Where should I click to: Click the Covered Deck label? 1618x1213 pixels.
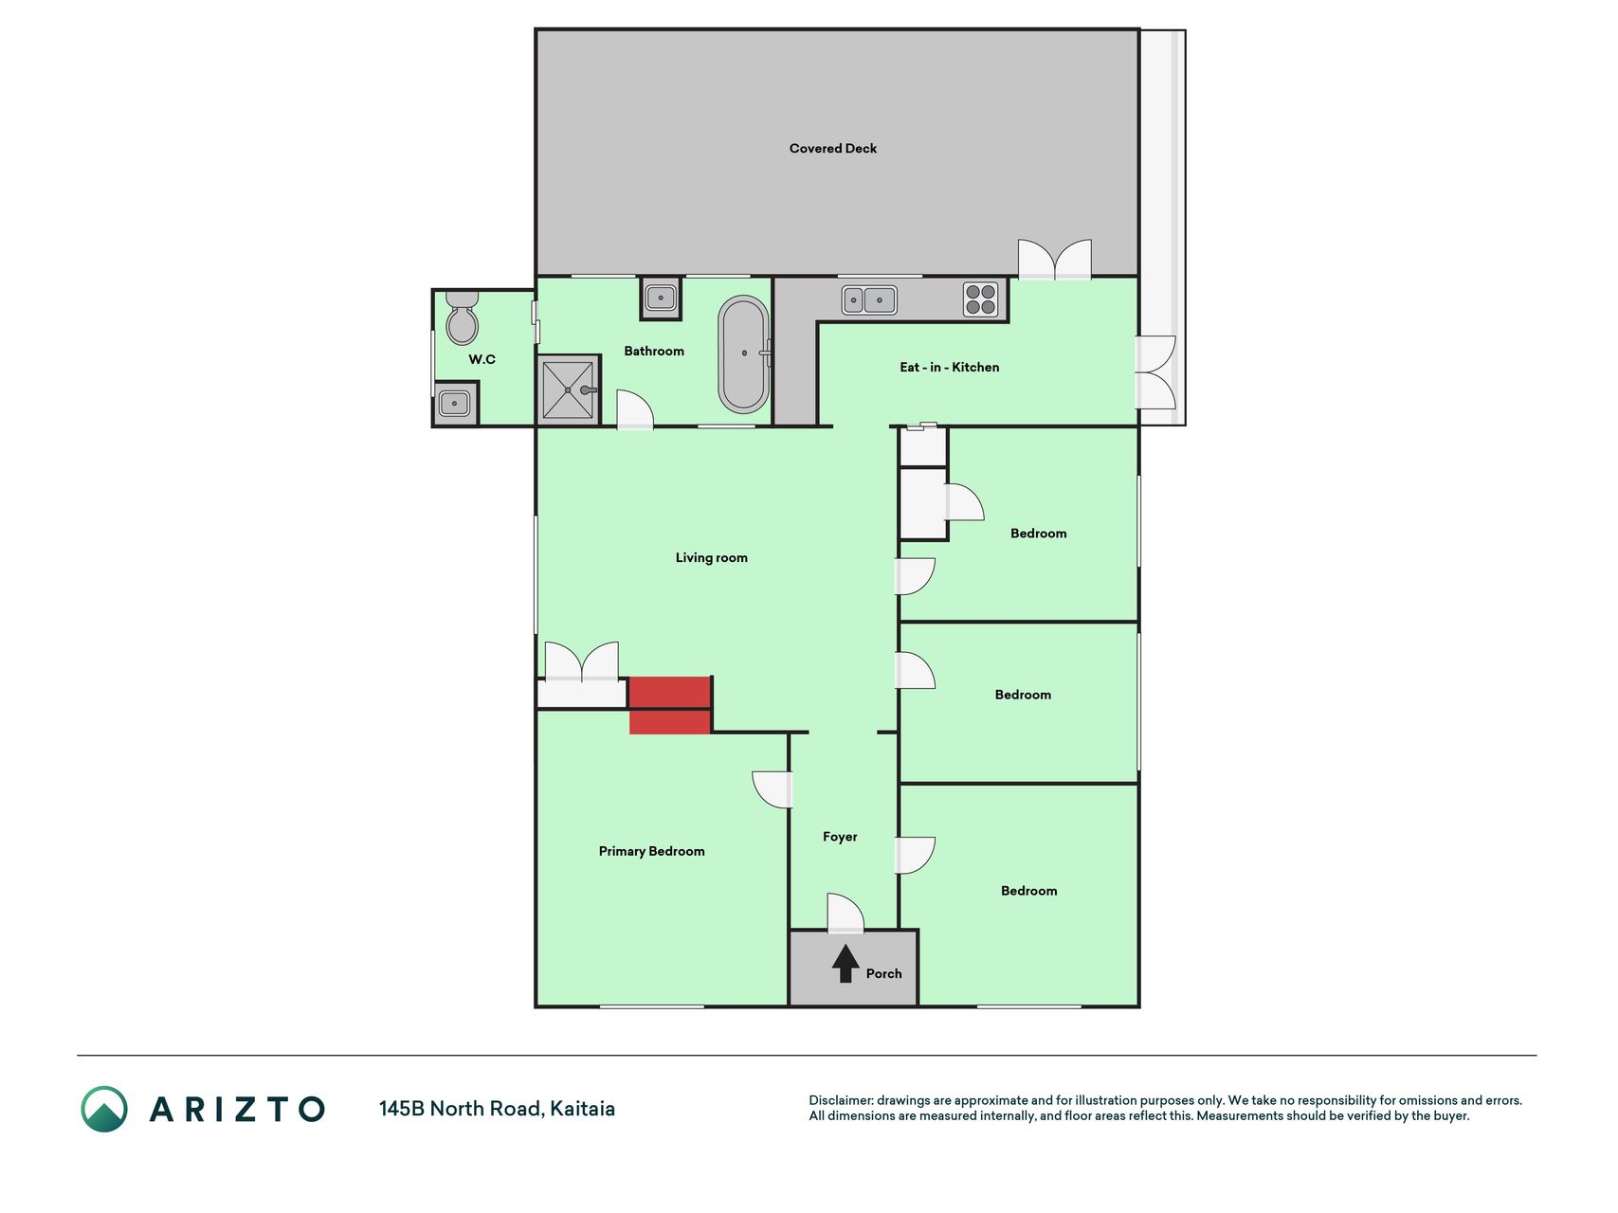tap(832, 149)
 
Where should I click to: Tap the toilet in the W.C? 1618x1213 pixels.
tap(462, 317)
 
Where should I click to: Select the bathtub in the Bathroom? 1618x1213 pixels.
tap(744, 353)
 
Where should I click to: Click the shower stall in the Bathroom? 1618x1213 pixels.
tap(569, 389)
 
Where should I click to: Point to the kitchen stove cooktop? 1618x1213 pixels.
tap(980, 299)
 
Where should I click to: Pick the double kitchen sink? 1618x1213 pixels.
tap(869, 300)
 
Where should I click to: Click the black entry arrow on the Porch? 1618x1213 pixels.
tap(845, 963)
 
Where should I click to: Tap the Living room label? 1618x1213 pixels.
tap(711, 558)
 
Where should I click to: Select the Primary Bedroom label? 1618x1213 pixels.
tap(651, 851)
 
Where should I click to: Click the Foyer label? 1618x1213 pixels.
tap(840, 837)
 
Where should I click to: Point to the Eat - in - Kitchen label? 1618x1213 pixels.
tap(949, 368)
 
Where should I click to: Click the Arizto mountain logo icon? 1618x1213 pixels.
tap(103, 1109)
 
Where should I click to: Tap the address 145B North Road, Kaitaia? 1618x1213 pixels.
tap(497, 1109)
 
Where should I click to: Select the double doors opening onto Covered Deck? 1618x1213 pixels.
tap(1054, 260)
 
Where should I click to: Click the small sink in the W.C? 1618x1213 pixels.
tap(455, 404)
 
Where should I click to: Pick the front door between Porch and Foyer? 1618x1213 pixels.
tap(845, 914)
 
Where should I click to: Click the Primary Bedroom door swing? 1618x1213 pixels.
tap(773, 790)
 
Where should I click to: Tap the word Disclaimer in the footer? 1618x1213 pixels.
tap(840, 1100)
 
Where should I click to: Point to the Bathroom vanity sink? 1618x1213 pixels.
tap(661, 299)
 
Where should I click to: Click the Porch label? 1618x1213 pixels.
tap(883, 973)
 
